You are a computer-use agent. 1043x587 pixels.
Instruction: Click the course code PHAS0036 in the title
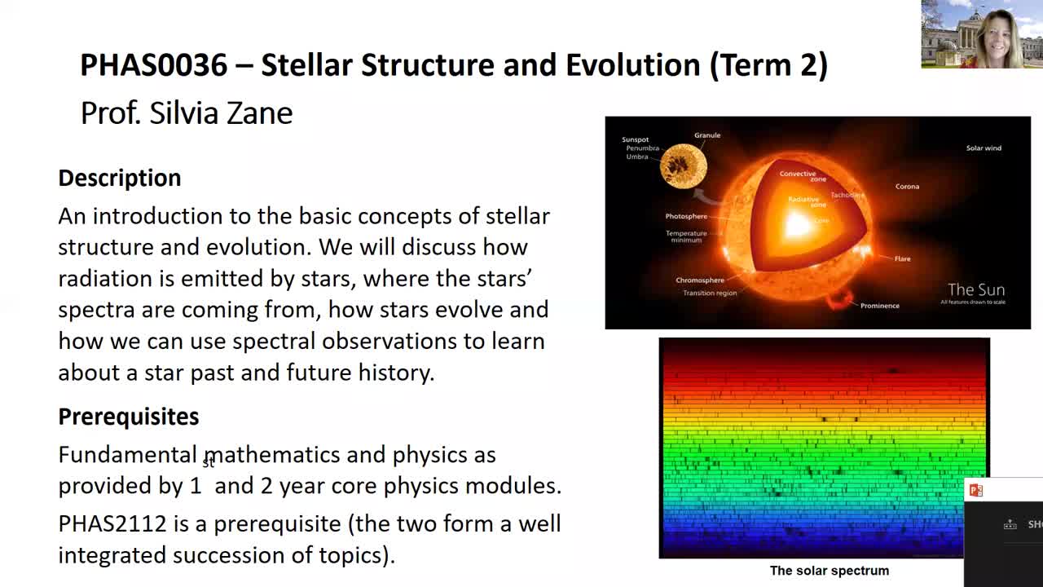[153, 65]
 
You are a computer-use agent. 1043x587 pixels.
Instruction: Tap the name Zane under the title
[259, 113]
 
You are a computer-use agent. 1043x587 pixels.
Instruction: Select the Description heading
[120, 178]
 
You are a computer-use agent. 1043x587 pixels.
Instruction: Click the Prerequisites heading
[129, 417]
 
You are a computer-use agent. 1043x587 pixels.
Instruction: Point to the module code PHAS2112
[112, 523]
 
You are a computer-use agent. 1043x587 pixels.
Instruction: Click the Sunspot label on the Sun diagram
[636, 139]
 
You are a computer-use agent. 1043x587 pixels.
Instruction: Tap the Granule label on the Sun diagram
[707, 135]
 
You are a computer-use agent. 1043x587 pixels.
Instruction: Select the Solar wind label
[984, 148]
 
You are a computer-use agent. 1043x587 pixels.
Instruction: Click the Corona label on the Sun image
[907, 187]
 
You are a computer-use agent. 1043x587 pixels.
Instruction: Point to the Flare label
[902, 259]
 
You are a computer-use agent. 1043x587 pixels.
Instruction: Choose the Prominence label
[880, 306]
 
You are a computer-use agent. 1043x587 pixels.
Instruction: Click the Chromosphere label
[700, 280]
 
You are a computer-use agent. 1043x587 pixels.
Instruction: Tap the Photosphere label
[686, 217]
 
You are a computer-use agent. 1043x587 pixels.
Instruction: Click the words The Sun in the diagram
[976, 289]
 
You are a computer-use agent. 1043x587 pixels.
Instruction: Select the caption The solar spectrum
[829, 571]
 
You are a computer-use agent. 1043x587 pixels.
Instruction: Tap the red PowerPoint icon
[975, 490]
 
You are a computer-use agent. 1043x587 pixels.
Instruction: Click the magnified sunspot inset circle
[683, 166]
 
